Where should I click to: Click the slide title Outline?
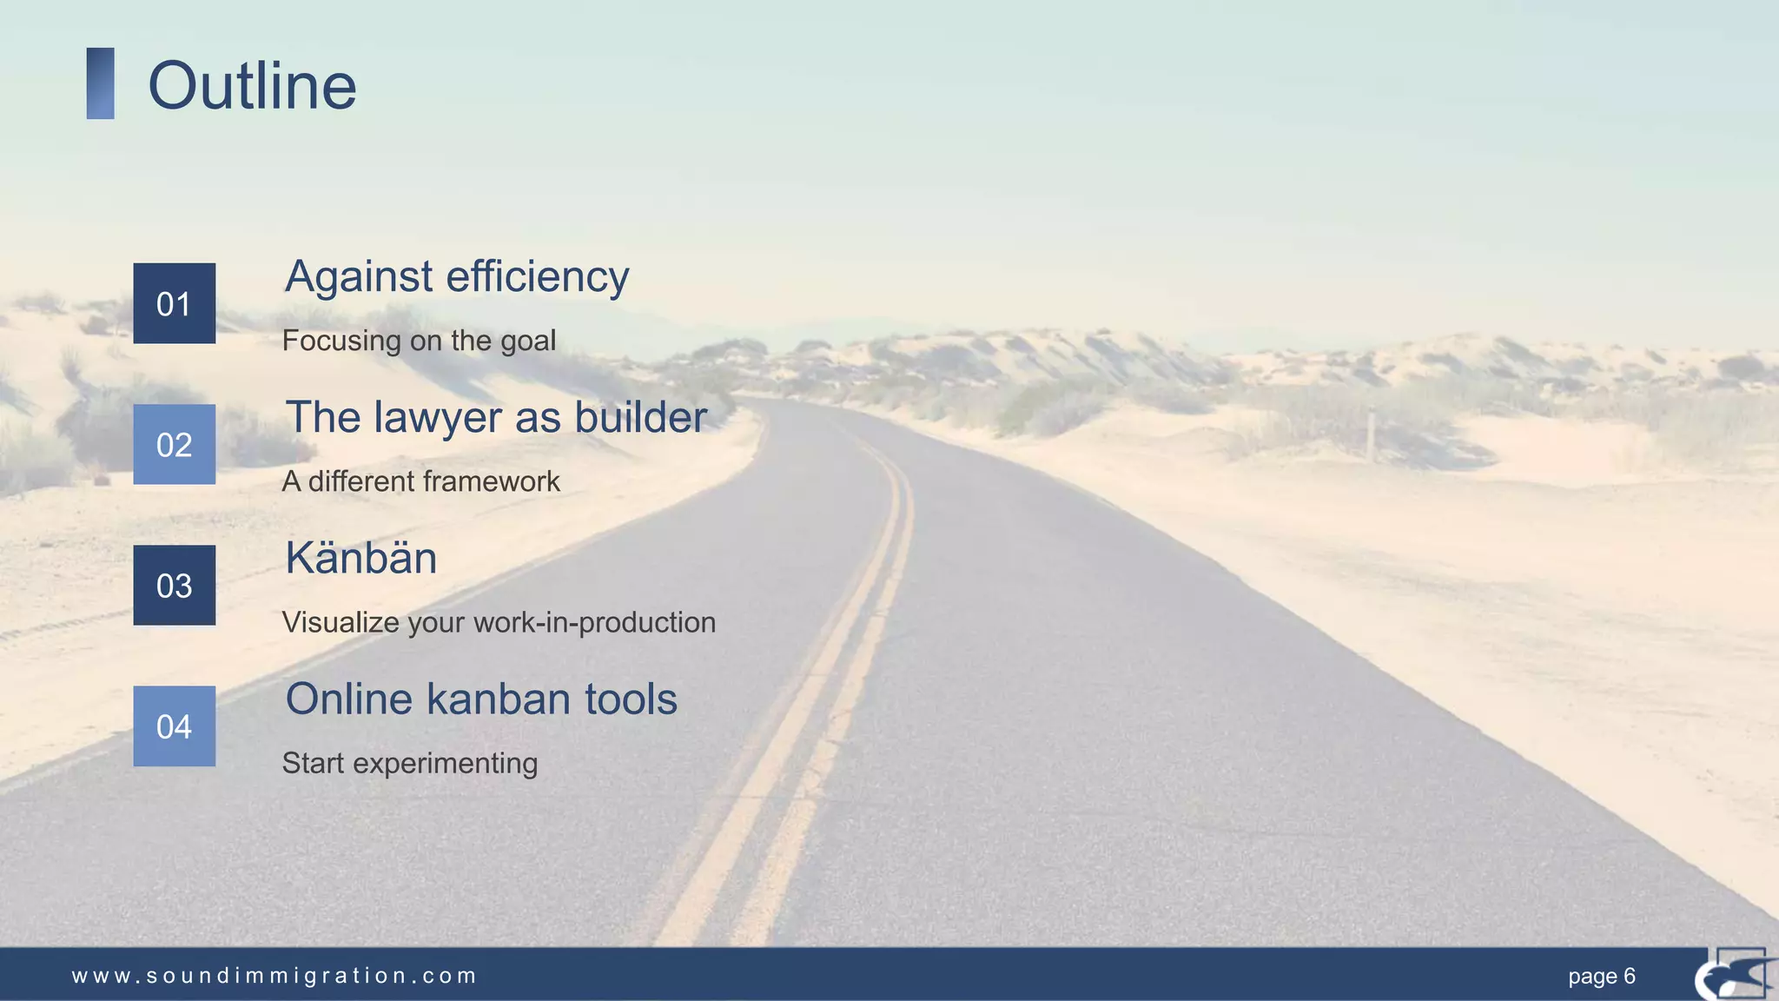(252, 86)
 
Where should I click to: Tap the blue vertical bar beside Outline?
(100, 83)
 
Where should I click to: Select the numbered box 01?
(174, 303)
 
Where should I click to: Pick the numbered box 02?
(174, 444)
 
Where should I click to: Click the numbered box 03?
(174, 585)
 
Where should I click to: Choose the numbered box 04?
(174, 726)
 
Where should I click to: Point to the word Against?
(359, 277)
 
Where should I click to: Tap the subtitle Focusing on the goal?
(419, 341)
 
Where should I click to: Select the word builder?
(640, 417)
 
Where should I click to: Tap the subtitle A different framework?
(420, 481)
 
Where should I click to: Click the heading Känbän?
(360, 558)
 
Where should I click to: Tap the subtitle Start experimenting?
(409, 763)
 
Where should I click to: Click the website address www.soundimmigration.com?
(274, 976)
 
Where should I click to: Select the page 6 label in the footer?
(1601, 976)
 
